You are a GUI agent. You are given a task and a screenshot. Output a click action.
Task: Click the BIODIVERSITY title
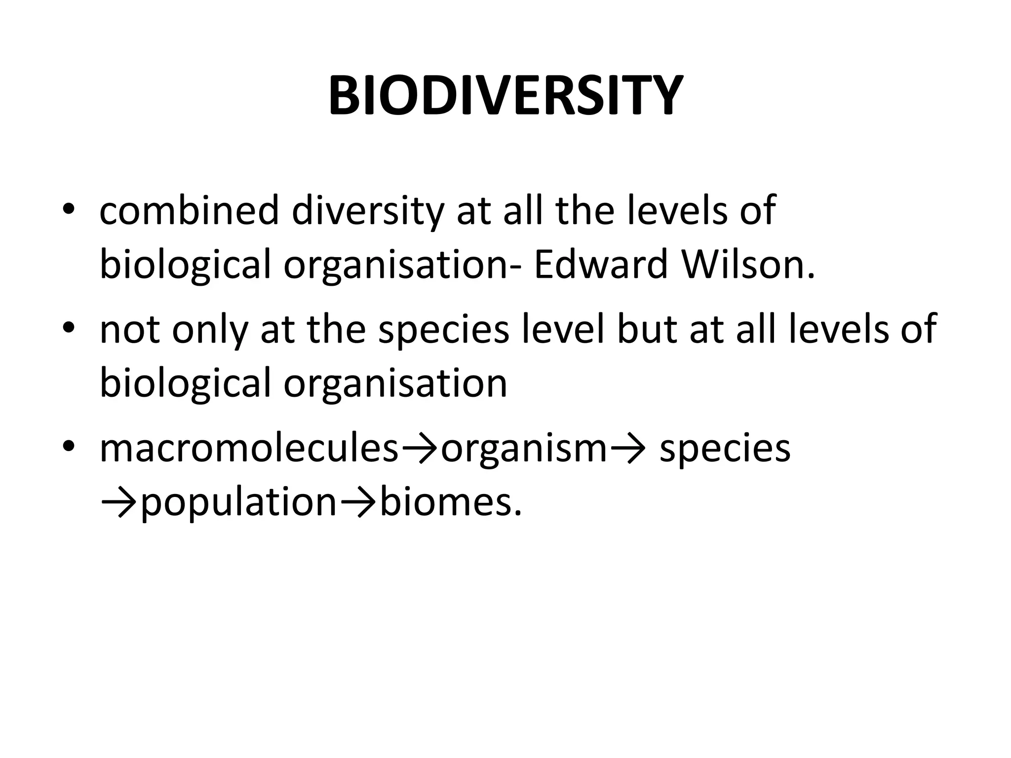click(505, 96)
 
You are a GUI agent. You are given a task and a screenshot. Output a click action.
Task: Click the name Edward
click(600, 265)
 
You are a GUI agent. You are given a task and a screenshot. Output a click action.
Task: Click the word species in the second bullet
click(443, 329)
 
